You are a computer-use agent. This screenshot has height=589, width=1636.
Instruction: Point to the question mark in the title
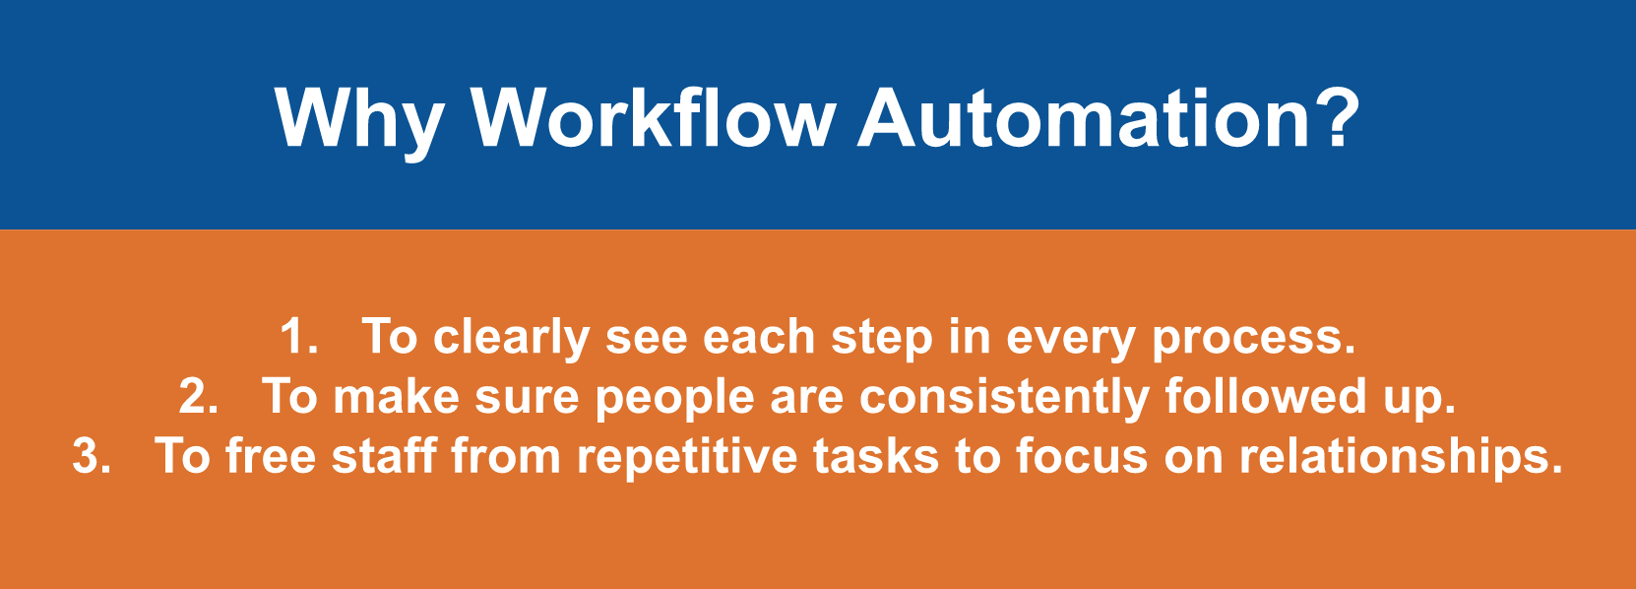(1336, 117)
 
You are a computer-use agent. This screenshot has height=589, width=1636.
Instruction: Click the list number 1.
(299, 337)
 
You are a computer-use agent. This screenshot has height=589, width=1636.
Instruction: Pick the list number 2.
(199, 397)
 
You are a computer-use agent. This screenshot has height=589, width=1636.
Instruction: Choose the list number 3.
(92, 456)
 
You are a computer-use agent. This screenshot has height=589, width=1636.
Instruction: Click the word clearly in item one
(511, 340)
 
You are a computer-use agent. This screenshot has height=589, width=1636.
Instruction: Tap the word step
(882, 340)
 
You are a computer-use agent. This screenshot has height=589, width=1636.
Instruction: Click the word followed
(1265, 396)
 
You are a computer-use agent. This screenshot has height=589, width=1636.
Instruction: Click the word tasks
(876, 455)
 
